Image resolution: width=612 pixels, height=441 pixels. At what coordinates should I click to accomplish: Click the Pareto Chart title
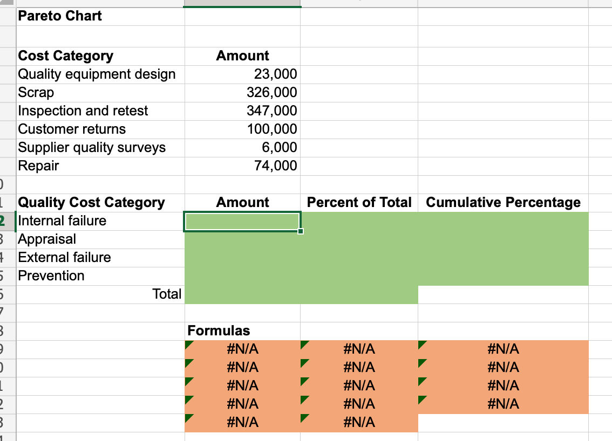(60, 16)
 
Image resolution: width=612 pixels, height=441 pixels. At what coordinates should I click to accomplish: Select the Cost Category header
(66, 56)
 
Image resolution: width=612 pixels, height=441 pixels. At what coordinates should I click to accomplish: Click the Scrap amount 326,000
(271, 92)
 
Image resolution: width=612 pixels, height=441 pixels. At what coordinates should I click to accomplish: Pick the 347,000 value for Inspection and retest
(271, 111)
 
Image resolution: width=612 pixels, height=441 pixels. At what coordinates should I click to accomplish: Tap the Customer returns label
(72, 129)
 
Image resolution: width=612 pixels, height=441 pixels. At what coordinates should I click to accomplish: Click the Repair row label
(39, 166)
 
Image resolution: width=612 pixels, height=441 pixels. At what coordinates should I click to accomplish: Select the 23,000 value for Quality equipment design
(275, 74)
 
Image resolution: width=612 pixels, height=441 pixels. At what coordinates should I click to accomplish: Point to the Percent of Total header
(359, 202)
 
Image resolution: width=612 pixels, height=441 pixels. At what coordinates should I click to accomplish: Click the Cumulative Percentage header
(503, 202)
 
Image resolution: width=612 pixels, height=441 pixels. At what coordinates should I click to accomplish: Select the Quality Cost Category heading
(91, 202)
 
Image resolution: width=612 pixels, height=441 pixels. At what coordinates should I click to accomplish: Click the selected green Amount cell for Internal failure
(242, 221)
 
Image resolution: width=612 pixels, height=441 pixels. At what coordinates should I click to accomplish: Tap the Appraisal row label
(47, 239)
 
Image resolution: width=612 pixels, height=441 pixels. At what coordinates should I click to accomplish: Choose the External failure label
(64, 257)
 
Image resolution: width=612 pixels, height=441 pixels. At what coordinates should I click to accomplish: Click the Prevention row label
(51, 275)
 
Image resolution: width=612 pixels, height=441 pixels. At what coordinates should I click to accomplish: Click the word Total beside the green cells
(167, 294)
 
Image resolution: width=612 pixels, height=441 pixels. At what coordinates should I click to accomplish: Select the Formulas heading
(219, 330)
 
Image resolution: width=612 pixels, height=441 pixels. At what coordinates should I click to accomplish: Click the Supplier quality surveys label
(92, 147)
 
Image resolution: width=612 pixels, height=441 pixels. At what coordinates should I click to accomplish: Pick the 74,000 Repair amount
(275, 166)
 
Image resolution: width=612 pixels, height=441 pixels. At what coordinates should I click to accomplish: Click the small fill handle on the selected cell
(301, 231)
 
